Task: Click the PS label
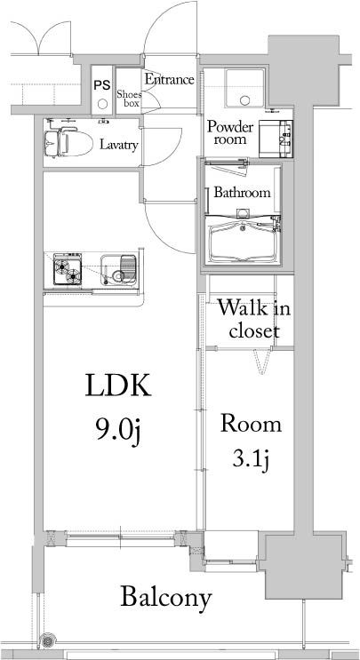click(101, 85)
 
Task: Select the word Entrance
click(169, 80)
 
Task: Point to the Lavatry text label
click(118, 145)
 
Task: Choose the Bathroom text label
click(241, 192)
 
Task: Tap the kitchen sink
click(120, 266)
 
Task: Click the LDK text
click(118, 387)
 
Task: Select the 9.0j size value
click(118, 430)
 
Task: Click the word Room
click(252, 423)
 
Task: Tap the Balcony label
click(167, 597)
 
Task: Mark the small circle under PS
click(101, 102)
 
